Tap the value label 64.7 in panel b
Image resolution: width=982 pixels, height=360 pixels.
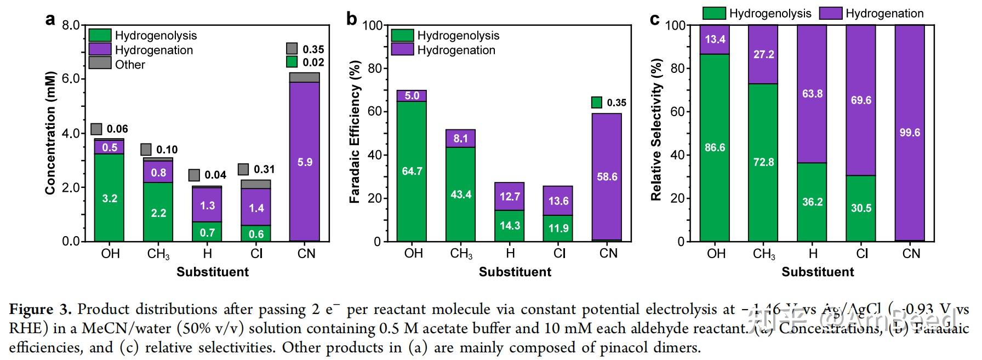pos(412,171)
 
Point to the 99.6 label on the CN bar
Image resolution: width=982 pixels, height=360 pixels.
pos(910,133)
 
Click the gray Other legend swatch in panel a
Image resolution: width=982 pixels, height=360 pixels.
pos(100,64)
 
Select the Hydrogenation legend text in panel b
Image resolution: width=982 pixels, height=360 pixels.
pos(456,50)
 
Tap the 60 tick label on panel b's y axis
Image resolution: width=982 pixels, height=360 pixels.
pos(375,112)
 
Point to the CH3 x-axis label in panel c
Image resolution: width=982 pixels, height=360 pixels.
pos(764,254)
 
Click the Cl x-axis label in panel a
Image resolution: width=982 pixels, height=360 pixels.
pos(256,254)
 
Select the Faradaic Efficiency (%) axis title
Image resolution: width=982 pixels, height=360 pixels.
pos(355,133)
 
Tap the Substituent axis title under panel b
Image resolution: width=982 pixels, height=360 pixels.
pos(515,272)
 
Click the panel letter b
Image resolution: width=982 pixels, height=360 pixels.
pos(352,20)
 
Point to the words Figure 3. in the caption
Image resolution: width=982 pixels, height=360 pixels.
pos(40,310)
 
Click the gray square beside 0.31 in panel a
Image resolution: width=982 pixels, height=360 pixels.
pos(243,169)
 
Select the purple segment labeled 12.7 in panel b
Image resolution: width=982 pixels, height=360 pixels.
pos(510,196)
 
